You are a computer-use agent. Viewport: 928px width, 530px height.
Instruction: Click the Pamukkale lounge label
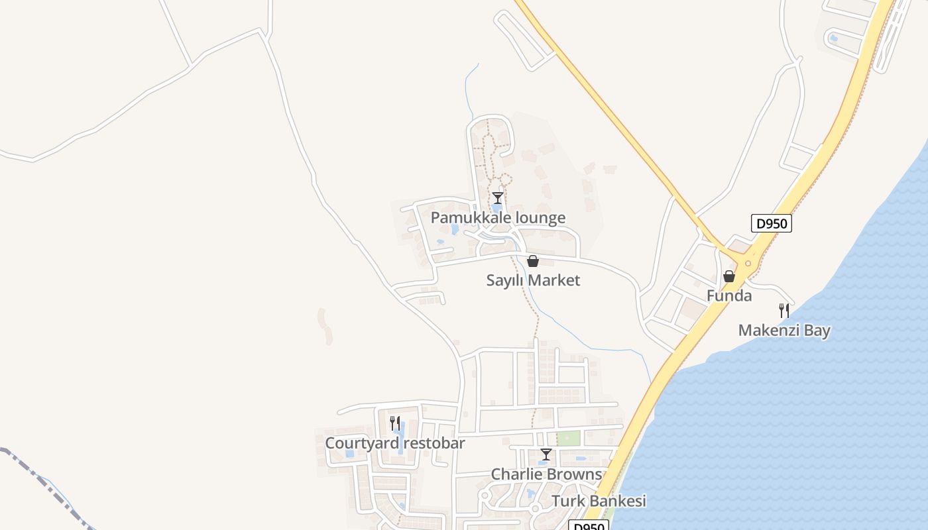[x=498, y=217]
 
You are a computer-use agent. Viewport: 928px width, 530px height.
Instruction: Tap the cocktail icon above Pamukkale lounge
[x=498, y=197]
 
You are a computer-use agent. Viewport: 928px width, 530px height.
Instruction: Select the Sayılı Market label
[x=533, y=280]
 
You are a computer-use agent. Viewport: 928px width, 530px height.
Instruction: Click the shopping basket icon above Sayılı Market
[x=533, y=261]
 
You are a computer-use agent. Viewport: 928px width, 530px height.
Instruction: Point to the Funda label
[x=729, y=295]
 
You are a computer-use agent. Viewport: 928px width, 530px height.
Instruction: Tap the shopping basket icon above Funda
[x=729, y=276]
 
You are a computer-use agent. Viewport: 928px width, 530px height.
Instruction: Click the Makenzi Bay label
[x=784, y=330]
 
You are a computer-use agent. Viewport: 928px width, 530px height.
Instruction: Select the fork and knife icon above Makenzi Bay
[x=784, y=310]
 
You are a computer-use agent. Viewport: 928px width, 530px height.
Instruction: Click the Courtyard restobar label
[x=395, y=443]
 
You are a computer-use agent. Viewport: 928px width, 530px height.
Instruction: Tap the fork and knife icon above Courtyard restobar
[x=395, y=423]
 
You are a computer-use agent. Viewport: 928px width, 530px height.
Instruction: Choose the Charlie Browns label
[x=546, y=474]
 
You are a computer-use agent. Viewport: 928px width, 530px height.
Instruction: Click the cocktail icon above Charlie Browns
[x=546, y=454]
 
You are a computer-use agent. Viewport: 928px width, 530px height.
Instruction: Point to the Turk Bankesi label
[x=599, y=501]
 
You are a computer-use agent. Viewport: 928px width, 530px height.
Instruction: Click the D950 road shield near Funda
[x=772, y=223]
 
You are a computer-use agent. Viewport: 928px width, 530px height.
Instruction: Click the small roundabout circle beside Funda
[x=748, y=263]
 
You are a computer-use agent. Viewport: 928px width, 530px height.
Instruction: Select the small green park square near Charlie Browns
[x=568, y=438]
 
